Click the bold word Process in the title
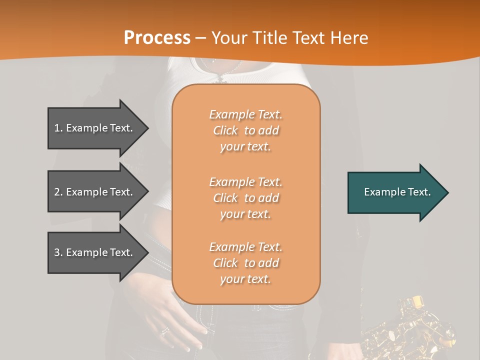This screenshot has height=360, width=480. tap(157, 38)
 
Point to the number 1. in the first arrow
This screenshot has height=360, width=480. tap(58, 128)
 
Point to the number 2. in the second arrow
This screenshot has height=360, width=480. tap(58, 192)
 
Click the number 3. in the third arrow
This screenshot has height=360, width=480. tap(58, 252)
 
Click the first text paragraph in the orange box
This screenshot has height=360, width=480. tap(245, 130)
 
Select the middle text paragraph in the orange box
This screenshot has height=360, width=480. tap(245, 198)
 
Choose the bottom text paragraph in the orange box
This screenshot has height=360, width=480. tap(245, 263)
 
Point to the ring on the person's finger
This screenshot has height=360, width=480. tap(164, 331)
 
